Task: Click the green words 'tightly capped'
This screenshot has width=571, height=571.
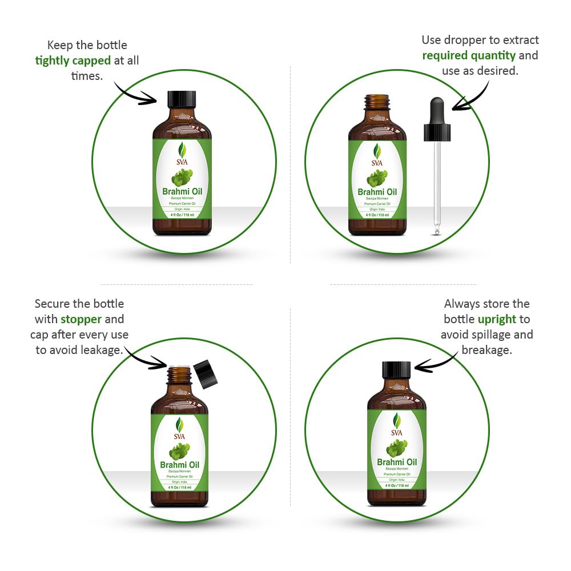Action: pos(73,61)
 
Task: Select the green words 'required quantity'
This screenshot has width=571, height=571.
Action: pos(468,55)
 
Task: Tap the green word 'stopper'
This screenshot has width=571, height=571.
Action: pos(81,319)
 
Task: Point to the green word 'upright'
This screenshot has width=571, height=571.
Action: pos(497,319)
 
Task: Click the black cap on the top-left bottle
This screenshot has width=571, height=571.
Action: pos(182,99)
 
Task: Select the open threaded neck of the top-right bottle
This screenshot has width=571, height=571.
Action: pos(377,103)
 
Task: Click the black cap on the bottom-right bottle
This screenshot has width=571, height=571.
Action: pos(396,369)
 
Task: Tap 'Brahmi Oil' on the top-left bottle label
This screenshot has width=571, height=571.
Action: pos(182,192)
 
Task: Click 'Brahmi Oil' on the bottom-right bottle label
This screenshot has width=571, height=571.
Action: pos(396,462)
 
